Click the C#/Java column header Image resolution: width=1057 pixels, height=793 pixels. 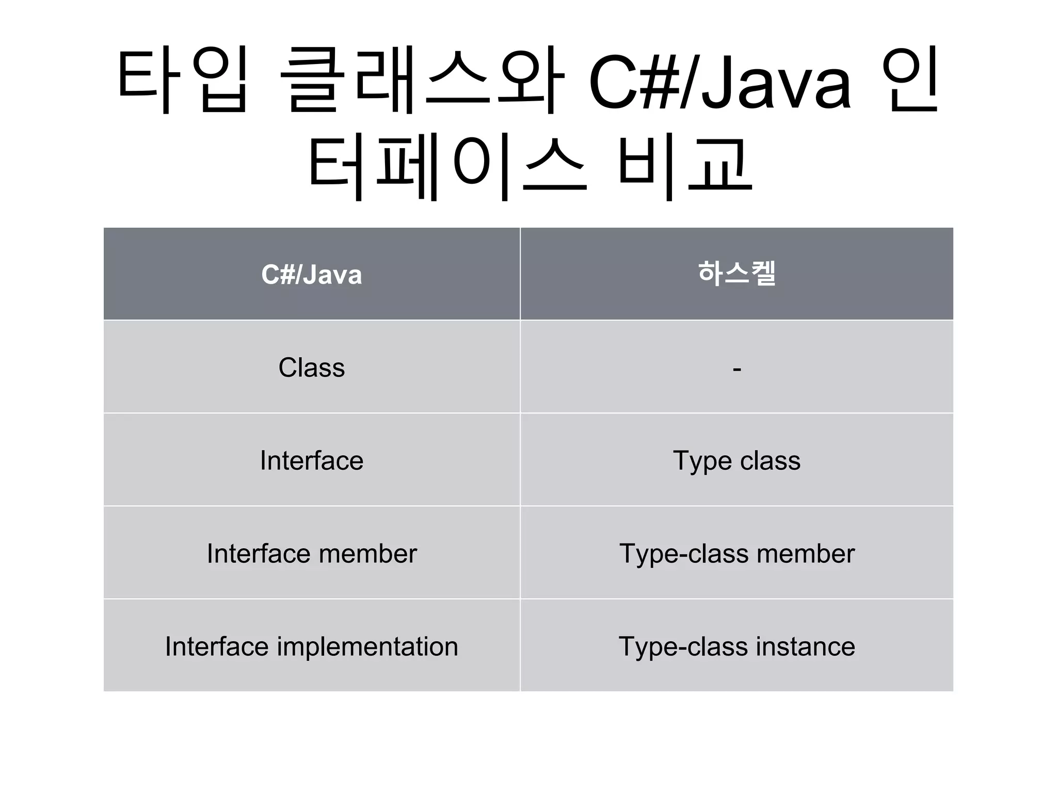311,274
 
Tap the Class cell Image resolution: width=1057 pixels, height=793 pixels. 311,368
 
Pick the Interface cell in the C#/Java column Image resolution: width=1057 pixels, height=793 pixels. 311,461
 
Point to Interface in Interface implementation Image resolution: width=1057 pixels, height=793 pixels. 217,646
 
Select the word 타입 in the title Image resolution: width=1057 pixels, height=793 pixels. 183,80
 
